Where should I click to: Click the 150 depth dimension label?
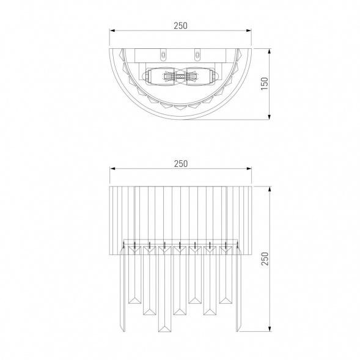(x=265, y=84)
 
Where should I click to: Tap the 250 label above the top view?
(x=180, y=26)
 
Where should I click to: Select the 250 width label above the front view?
(x=181, y=164)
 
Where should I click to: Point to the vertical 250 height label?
(x=265, y=259)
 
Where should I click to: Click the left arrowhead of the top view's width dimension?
(x=112, y=31)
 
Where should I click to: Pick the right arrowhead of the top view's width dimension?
(x=249, y=31)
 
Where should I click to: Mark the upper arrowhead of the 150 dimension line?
(x=270, y=51)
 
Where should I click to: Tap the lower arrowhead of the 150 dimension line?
(x=270, y=117)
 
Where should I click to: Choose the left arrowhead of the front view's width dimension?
(x=112, y=169)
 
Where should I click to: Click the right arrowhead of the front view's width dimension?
(x=249, y=169)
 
